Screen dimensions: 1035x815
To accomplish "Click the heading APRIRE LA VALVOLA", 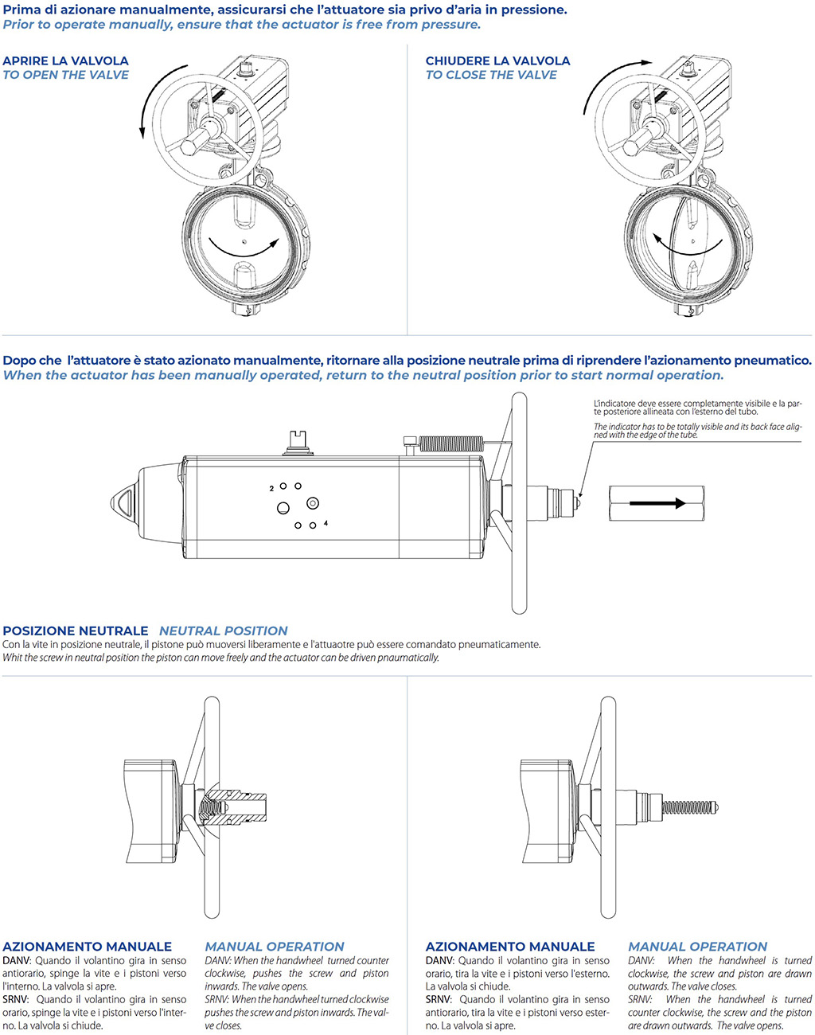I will [x=65, y=61].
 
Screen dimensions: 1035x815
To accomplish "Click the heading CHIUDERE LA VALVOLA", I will [x=497, y=61].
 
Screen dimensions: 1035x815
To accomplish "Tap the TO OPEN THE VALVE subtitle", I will [x=65, y=75].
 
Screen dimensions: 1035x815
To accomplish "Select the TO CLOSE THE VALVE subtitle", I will [x=491, y=75].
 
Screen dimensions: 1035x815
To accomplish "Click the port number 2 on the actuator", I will [x=271, y=488].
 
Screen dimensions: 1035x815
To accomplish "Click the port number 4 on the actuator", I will [x=326, y=524].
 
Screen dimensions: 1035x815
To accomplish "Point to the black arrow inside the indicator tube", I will [x=657, y=503].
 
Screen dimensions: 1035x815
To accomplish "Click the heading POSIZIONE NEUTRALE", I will [x=76, y=631].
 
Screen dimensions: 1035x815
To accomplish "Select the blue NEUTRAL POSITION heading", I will [x=223, y=631].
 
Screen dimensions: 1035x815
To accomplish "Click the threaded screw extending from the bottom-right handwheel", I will [x=689, y=807].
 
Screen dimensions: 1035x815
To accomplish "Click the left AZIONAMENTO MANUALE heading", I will [x=87, y=947].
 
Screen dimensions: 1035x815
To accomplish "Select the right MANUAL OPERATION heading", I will [x=697, y=947].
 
